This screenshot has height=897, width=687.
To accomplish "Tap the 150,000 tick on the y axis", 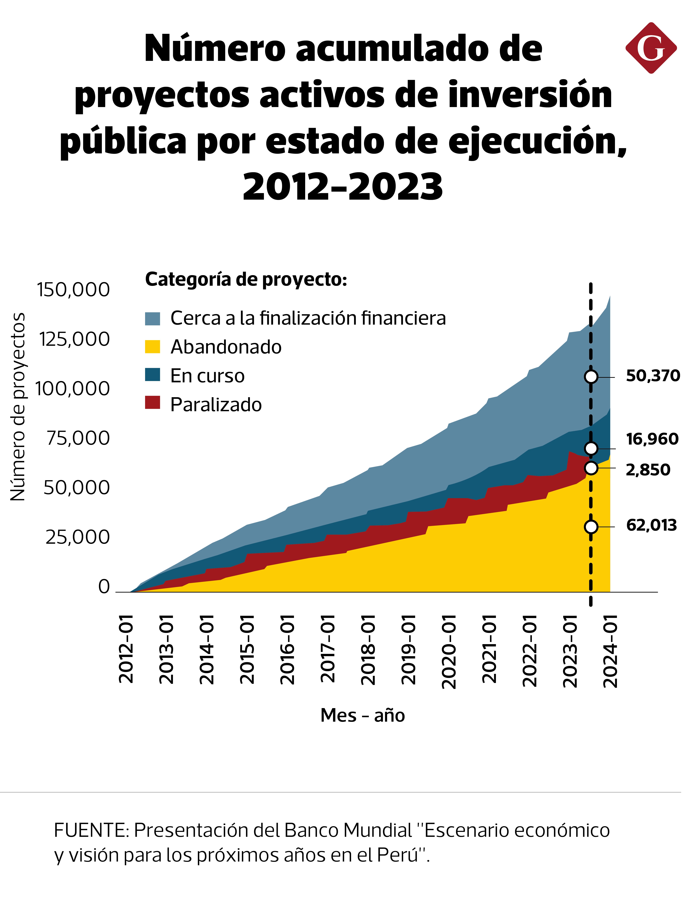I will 74,290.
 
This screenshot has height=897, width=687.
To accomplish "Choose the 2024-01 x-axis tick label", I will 611,650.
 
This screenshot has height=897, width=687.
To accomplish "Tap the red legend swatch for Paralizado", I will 153,402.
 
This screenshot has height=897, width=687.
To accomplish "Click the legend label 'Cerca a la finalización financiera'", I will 308,318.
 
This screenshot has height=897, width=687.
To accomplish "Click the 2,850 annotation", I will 648,470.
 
